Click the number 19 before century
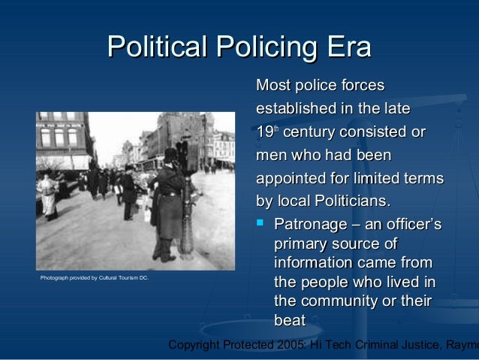click(x=264, y=133)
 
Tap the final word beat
click(x=291, y=320)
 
